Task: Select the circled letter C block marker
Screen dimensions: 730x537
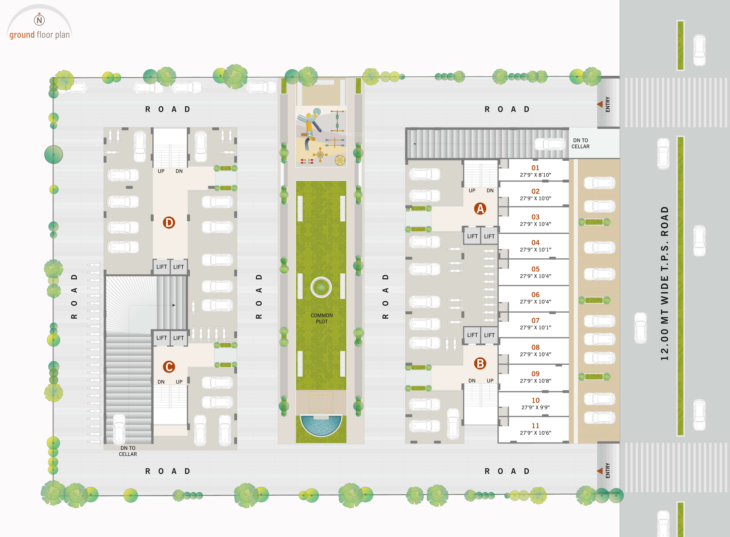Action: point(169,367)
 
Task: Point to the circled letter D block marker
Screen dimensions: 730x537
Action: point(169,223)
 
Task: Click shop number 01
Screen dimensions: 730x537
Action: point(535,168)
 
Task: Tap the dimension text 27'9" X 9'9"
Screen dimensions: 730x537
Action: point(535,407)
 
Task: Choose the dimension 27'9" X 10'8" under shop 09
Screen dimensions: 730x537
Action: point(535,381)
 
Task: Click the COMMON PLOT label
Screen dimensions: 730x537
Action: point(322,318)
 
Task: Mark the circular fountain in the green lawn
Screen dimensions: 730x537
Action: point(321,287)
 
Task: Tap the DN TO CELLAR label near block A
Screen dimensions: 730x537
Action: point(580,143)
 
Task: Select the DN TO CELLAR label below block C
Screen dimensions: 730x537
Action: point(128,451)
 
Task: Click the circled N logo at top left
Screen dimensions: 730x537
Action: point(39,20)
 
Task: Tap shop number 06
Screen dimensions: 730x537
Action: point(535,294)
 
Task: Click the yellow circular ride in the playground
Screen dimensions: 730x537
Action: point(340,160)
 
